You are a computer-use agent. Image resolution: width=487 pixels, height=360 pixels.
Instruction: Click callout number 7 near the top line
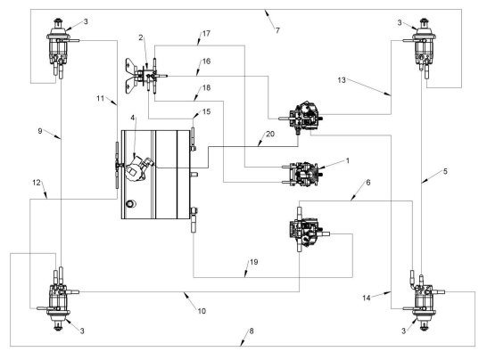click(277, 30)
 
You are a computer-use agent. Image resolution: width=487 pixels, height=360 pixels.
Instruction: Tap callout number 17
click(206, 33)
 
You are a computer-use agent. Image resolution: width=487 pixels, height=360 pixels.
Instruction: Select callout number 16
click(206, 61)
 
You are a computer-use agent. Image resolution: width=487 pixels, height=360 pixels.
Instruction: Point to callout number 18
click(206, 88)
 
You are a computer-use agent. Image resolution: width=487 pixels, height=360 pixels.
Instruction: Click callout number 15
click(206, 111)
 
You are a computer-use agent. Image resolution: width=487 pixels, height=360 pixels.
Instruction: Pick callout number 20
click(270, 134)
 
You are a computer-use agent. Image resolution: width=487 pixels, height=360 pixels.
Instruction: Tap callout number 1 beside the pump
click(348, 160)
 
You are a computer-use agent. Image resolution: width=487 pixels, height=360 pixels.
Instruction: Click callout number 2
click(141, 37)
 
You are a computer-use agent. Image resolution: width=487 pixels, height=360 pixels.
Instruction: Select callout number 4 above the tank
click(133, 118)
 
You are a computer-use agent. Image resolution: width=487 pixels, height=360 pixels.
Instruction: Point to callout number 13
click(342, 80)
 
